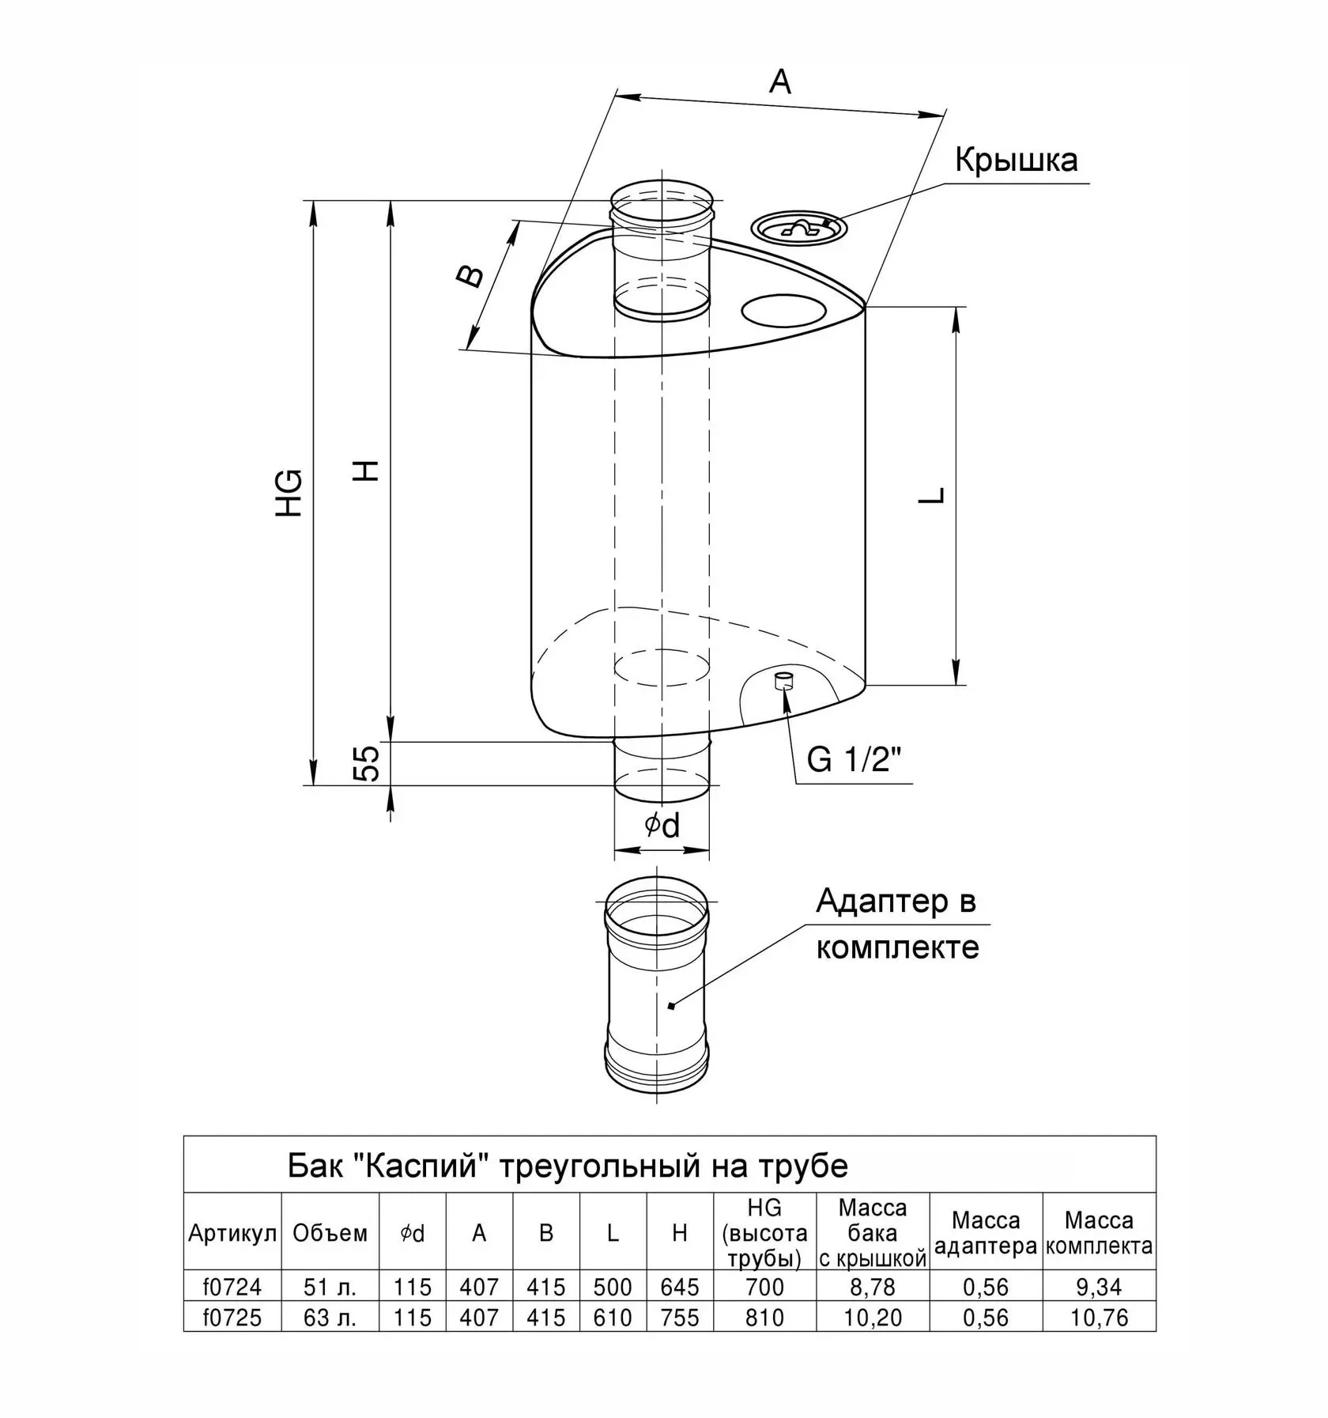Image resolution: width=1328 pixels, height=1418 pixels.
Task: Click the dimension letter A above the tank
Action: (x=779, y=81)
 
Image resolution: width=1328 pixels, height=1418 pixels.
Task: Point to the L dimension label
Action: (x=934, y=495)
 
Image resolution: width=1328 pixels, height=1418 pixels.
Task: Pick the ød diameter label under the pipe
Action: (x=662, y=826)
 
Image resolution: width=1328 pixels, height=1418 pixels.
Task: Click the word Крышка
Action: (x=1016, y=160)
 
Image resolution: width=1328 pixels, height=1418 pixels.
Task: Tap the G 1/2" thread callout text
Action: (x=855, y=761)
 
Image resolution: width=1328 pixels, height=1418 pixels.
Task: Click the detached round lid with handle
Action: (x=799, y=228)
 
